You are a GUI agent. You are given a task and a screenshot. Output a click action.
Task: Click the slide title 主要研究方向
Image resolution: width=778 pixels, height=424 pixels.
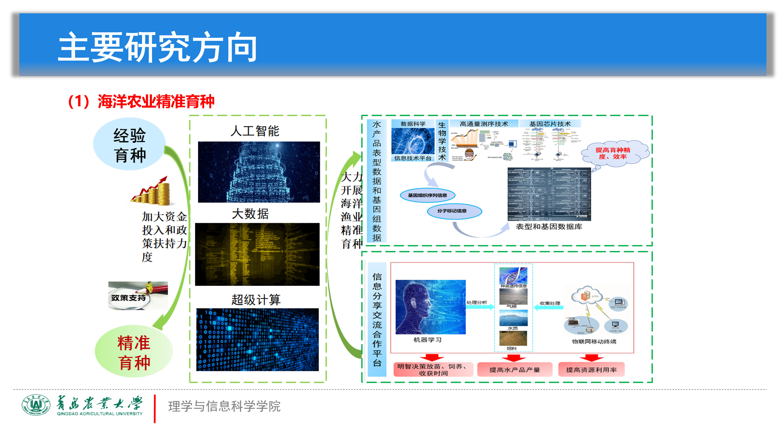tap(157, 47)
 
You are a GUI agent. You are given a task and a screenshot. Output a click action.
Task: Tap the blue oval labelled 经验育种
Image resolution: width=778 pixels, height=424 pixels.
tap(130, 144)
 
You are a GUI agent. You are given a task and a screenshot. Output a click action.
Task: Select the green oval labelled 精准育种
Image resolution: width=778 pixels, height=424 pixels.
tap(134, 352)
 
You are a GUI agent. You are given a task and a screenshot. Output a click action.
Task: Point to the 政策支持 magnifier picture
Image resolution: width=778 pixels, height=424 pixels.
tap(138, 296)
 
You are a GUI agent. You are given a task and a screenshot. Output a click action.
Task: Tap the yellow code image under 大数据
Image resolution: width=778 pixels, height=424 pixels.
tap(257, 254)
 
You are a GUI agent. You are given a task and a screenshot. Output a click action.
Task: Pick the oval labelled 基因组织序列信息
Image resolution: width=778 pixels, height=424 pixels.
tap(427, 195)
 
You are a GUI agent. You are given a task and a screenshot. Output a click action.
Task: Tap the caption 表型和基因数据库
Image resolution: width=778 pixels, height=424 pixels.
tap(549, 227)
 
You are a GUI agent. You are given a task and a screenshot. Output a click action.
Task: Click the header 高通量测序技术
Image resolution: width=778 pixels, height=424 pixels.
tap(484, 124)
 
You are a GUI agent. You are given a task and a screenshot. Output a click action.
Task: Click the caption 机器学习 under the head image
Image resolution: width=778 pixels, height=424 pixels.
tap(427, 340)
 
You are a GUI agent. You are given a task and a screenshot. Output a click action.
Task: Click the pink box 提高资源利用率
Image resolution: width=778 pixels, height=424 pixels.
tap(591, 370)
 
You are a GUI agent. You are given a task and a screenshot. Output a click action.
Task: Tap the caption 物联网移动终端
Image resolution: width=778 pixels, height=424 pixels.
tap(594, 342)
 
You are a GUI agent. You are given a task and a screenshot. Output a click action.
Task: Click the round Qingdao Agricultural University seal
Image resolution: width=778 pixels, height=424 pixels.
tap(36, 405)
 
